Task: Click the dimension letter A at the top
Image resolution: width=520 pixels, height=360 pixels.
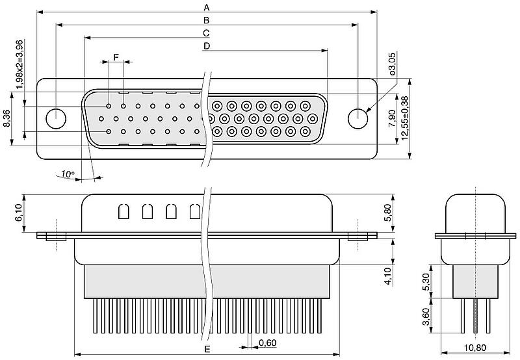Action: pos(207,7)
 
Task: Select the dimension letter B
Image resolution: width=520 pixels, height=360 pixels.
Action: pos(207,20)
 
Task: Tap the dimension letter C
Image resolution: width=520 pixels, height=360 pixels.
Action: pos(207,32)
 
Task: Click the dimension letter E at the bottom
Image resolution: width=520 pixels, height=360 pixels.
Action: pos(207,350)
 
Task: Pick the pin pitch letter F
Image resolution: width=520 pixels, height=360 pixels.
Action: pos(116,57)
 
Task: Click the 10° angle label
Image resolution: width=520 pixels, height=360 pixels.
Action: pos(68,174)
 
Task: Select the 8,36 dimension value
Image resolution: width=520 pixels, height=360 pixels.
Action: pos(7,120)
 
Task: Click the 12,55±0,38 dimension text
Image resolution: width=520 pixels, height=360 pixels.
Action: pos(405,117)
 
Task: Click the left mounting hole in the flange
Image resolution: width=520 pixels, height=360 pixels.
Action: pos(57,119)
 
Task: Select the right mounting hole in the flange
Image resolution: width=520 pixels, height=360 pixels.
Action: pos(357,120)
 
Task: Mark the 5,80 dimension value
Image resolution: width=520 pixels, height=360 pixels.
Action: pos(387,212)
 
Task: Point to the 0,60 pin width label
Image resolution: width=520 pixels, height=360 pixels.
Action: pos(266,342)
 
